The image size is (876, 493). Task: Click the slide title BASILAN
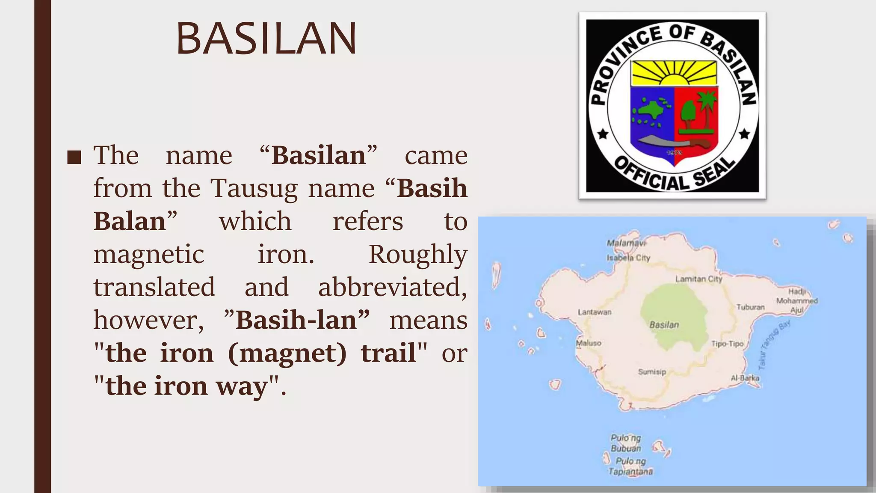(x=266, y=39)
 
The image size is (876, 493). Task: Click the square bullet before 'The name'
(x=74, y=157)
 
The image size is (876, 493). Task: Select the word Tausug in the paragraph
(x=254, y=188)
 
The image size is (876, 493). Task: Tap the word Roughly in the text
(x=417, y=255)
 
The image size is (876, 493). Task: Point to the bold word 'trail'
(x=388, y=353)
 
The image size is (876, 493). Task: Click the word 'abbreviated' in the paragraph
(x=392, y=287)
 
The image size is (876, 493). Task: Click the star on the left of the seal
(x=603, y=134)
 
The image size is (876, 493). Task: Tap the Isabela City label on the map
(x=628, y=258)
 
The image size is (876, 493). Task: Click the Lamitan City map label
(x=698, y=279)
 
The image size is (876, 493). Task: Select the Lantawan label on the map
(x=595, y=312)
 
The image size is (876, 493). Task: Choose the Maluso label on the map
(x=589, y=343)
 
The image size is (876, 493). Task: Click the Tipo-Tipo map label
(x=727, y=344)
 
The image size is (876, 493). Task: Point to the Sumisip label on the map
(x=652, y=372)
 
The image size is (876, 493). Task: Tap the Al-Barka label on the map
(x=745, y=378)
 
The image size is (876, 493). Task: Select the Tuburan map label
(x=750, y=307)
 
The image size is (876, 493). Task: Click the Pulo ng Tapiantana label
(x=630, y=466)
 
